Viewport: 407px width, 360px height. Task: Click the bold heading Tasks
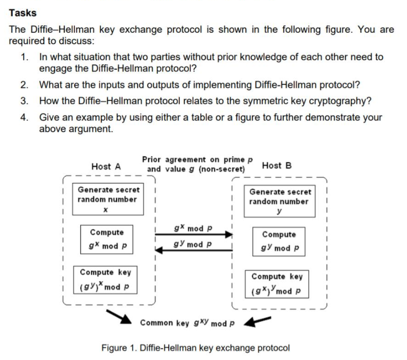pyautogui.click(x=23, y=13)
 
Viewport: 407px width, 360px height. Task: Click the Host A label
pyautogui.click(x=105, y=167)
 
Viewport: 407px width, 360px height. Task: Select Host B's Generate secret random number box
pyautogui.click(x=280, y=201)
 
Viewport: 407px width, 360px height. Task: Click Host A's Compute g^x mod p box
pyautogui.click(x=107, y=240)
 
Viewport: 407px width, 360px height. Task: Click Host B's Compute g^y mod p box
pyautogui.click(x=279, y=242)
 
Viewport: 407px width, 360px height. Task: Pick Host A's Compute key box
pyautogui.click(x=105, y=280)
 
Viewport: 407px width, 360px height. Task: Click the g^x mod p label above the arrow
pyautogui.click(x=193, y=228)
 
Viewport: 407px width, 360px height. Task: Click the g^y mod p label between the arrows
pyautogui.click(x=193, y=245)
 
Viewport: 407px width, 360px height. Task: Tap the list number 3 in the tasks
pyautogui.click(x=25, y=100)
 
